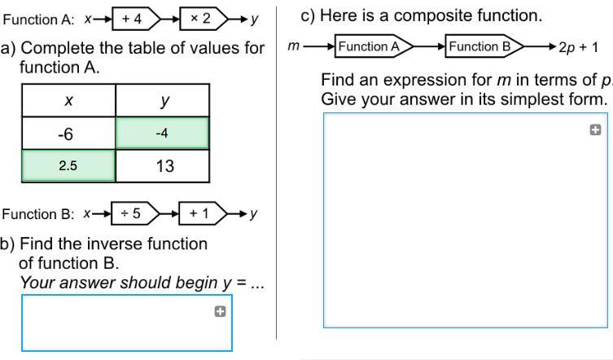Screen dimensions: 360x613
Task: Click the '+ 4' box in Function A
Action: (134, 18)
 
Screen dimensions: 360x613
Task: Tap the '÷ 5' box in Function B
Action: (132, 213)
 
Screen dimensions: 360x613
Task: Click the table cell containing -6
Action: (68, 134)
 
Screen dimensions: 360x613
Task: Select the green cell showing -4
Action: (163, 134)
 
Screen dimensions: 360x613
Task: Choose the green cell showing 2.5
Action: (68, 165)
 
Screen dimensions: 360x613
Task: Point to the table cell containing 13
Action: (163, 165)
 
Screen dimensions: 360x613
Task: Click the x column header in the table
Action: (68, 101)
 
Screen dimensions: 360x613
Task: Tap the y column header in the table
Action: (163, 101)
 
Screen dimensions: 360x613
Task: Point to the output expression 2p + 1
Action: (578, 47)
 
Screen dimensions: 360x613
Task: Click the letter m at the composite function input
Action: (293, 46)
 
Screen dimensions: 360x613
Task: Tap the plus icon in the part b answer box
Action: (220, 310)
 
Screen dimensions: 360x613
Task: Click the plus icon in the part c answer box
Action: (594, 130)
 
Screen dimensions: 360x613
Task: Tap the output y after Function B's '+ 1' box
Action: (253, 214)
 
